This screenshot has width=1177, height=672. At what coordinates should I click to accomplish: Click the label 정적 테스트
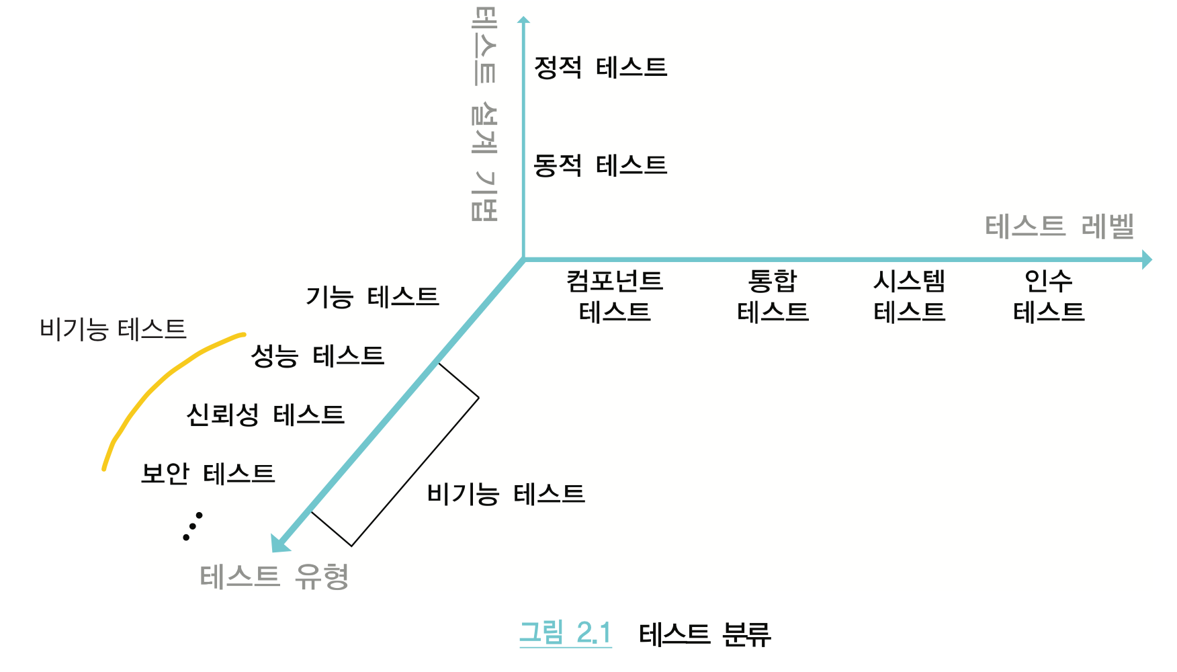(600, 67)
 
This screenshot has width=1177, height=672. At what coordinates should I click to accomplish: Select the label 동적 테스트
(600, 165)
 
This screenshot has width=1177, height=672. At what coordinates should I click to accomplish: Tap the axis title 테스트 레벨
(1059, 226)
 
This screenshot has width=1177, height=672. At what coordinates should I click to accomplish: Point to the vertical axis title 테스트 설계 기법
(484, 114)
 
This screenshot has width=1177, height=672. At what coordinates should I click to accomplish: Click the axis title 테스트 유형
(274, 577)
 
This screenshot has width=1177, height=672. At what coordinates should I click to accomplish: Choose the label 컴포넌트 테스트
(615, 296)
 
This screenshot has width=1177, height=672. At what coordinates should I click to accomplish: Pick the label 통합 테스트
(773, 296)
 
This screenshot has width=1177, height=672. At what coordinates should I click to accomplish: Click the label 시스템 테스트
(909, 296)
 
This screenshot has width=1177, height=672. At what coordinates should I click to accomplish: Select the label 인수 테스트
(1049, 296)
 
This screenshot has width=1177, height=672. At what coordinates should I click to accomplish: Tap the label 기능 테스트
(372, 296)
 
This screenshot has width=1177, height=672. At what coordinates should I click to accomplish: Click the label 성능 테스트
(317, 355)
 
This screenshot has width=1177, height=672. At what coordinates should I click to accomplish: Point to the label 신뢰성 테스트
(265, 415)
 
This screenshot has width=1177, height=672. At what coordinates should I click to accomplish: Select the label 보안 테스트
(208, 474)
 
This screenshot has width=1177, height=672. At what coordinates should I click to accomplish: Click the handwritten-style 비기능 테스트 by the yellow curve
(113, 329)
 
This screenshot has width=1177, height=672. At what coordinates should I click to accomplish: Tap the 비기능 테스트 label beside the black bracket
(506, 495)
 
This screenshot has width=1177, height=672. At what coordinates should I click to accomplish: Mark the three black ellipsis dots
(193, 527)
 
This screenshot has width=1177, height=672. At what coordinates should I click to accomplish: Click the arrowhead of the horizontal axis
(1147, 259)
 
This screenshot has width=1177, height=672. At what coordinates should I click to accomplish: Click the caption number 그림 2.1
(566, 633)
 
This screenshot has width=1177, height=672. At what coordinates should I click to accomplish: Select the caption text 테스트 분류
(705, 634)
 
